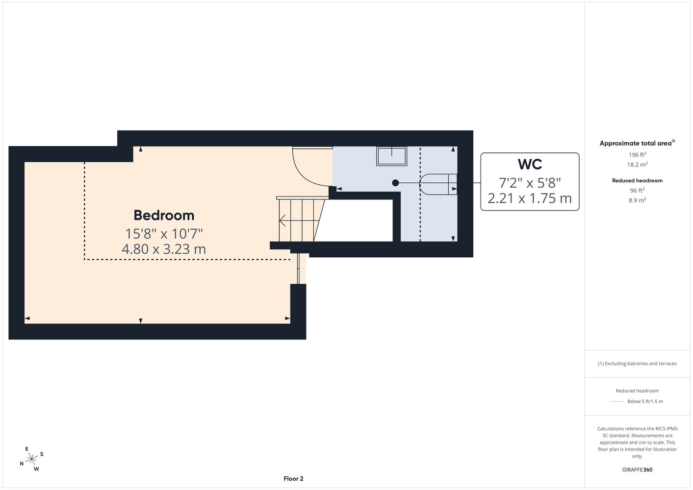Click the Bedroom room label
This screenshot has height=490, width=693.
[164, 216]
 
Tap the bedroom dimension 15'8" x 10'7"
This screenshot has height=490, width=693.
[164, 234]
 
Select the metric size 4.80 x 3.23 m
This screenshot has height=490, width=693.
[164, 249]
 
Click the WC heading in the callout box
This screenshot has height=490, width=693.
[530, 164]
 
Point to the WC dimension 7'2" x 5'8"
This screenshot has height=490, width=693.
[530, 183]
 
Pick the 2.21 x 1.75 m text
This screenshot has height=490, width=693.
[530, 198]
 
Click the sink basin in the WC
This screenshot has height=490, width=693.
[392, 156]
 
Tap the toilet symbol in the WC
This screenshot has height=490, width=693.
[438, 184]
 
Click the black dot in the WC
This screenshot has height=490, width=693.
[395, 183]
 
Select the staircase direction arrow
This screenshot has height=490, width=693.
[299, 220]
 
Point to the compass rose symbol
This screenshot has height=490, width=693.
[31, 459]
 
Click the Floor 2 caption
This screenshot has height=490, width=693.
[293, 479]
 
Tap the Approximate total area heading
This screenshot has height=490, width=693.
[637, 143]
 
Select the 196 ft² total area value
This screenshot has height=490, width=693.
[637, 154]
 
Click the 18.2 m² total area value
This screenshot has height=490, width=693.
[637, 165]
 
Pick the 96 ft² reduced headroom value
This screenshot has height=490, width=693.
[637, 191]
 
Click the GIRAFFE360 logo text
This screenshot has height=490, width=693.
[637, 469]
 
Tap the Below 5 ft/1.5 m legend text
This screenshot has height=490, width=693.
[645, 401]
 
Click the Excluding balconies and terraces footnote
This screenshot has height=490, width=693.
[637, 364]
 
